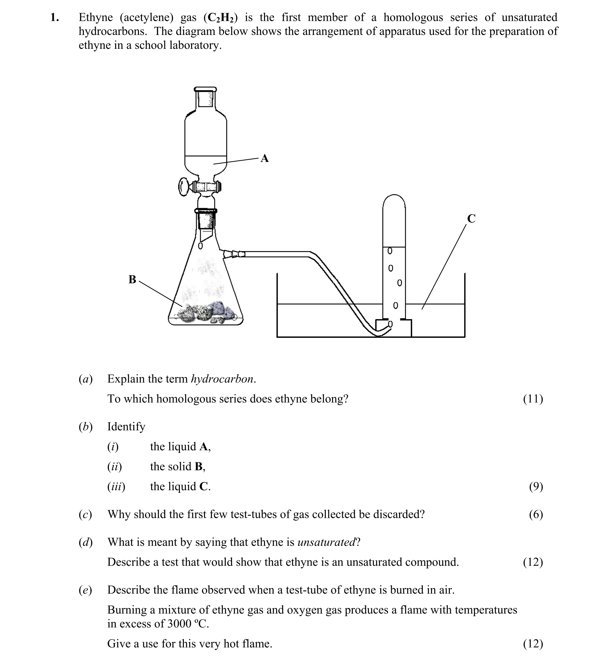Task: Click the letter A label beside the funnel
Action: tap(265, 159)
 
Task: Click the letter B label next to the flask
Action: tap(132, 280)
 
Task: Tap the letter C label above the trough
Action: tap(471, 219)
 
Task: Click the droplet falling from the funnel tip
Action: tap(200, 246)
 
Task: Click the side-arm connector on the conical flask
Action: tap(234, 254)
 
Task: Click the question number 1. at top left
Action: tap(55, 17)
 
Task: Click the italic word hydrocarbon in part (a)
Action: tap(222, 379)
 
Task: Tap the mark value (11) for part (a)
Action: tap(533, 399)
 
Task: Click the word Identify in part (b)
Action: tap(126, 426)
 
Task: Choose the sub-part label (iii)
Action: tap(116, 486)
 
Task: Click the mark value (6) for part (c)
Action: tap(536, 514)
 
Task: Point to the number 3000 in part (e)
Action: tap(179, 624)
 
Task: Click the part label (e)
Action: tap(85, 590)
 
